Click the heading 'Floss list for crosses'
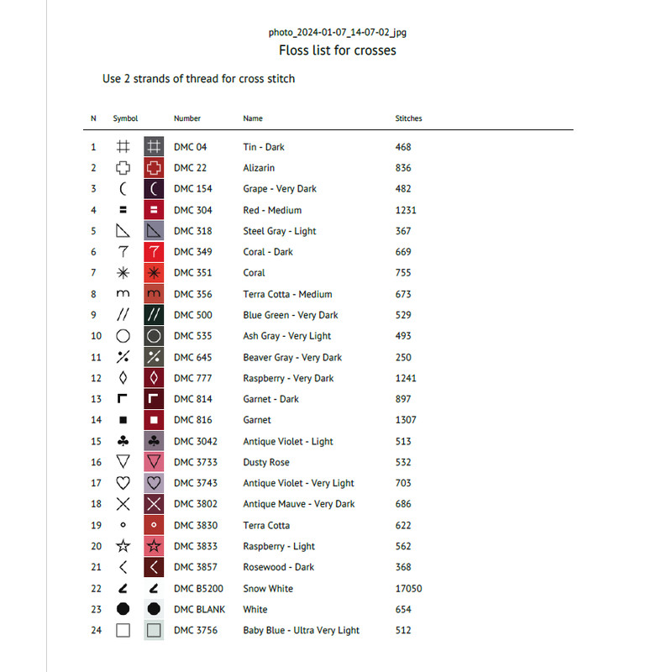[x=337, y=50]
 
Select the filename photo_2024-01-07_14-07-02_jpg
[x=338, y=32]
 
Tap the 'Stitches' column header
[x=408, y=118]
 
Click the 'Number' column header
[x=187, y=118]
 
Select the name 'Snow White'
[x=268, y=589]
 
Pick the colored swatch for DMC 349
[x=154, y=252]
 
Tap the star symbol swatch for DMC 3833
[x=154, y=546]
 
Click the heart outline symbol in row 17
[x=123, y=483]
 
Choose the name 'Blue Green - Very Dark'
[x=291, y=315]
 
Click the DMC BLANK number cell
[x=199, y=610]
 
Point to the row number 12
[x=96, y=378]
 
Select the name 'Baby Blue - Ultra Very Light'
[x=301, y=631]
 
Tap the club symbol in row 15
[x=123, y=441]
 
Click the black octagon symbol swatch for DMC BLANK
[x=154, y=610]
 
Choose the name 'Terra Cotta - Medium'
[x=287, y=294]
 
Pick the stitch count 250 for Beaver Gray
[x=403, y=357]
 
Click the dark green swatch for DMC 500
[x=154, y=315]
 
